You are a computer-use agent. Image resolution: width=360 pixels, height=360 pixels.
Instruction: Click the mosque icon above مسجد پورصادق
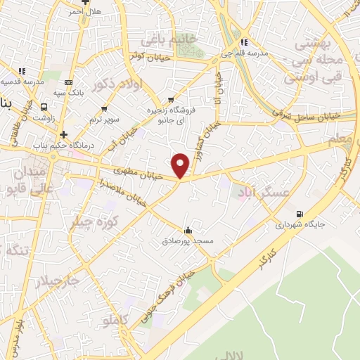pyautogui.click(x=187, y=231)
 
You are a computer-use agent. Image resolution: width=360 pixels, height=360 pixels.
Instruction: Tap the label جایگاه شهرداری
pyautogui.click(x=300, y=226)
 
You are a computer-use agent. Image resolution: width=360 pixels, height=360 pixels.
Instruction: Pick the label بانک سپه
pyautogui.click(x=69, y=91)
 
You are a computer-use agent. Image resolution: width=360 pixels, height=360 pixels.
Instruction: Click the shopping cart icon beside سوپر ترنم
pyautogui.click(x=104, y=108)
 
